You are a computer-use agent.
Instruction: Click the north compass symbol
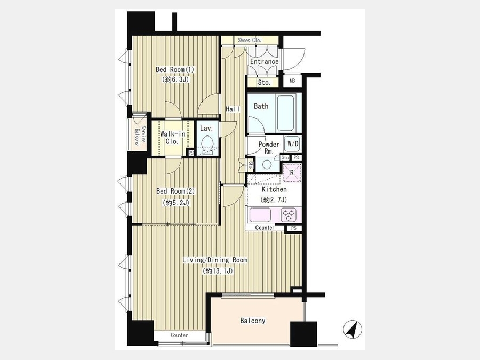(353, 329)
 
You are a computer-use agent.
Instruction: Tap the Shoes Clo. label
(250, 40)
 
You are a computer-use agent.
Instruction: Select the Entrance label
(265, 61)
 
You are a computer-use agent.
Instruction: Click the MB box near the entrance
(292, 81)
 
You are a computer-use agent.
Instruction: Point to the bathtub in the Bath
(286, 113)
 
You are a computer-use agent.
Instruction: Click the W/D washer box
(293, 143)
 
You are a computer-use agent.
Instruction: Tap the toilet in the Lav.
(208, 144)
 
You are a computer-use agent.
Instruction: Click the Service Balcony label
(139, 135)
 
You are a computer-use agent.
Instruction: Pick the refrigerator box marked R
(292, 173)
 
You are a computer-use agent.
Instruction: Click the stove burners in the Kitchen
(289, 214)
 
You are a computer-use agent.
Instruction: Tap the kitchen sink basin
(260, 215)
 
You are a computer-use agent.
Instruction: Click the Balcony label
(253, 321)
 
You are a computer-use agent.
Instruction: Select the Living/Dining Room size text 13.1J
(218, 271)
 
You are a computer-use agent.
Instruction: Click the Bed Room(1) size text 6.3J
(175, 80)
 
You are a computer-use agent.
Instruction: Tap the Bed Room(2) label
(175, 191)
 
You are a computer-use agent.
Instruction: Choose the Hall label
(233, 109)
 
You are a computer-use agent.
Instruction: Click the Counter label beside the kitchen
(265, 228)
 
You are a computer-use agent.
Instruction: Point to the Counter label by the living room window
(179, 335)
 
